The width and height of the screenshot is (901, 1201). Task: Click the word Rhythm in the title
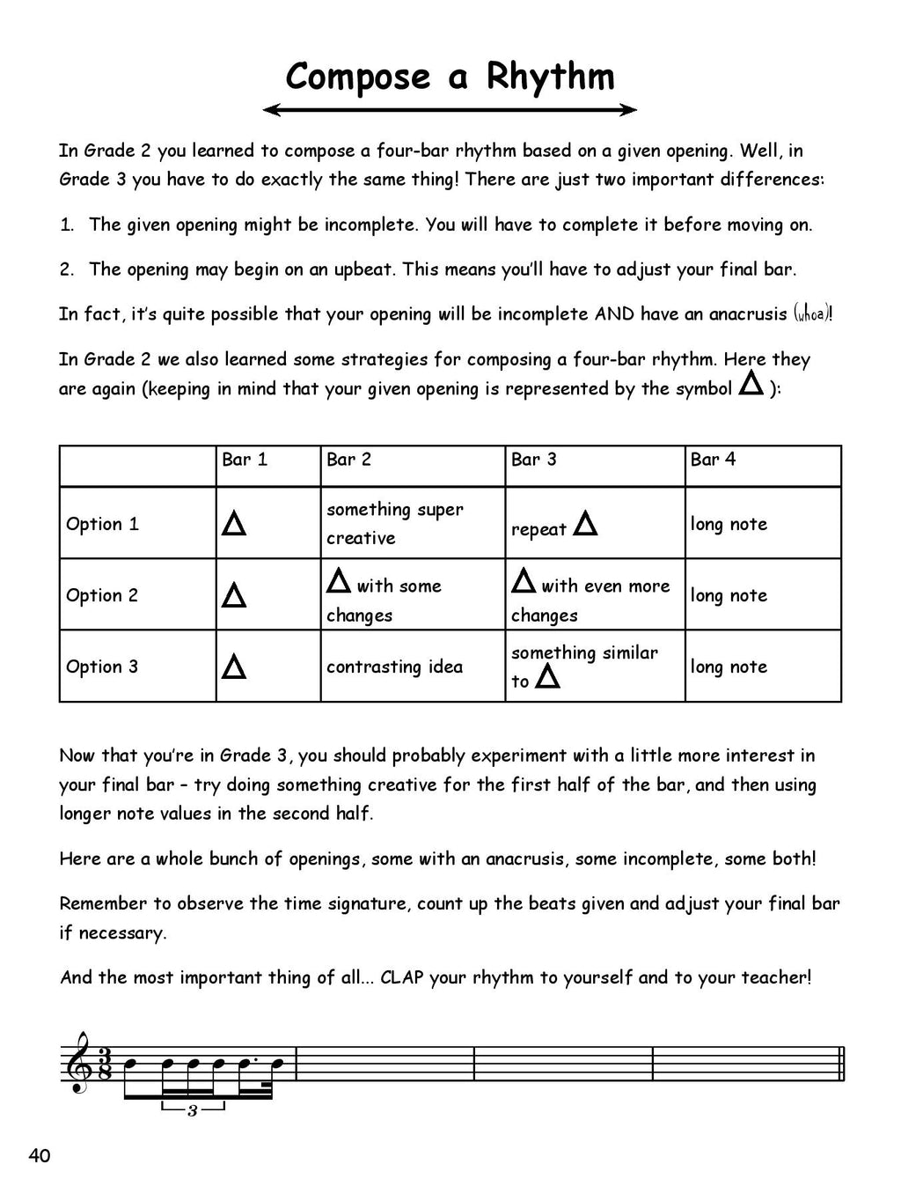pyautogui.click(x=550, y=77)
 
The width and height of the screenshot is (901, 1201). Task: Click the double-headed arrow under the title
pyautogui.click(x=450, y=110)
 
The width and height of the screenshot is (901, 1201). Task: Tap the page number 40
pyautogui.click(x=40, y=1156)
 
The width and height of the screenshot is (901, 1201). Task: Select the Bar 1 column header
pyautogui.click(x=245, y=460)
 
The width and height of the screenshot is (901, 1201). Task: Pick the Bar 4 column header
pyautogui.click(x=713, y=460)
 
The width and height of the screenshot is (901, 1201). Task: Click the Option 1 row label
pyautogui.click(x=102, y=524)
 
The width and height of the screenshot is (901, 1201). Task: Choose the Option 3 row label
pyautogui.click(x=102, y=667)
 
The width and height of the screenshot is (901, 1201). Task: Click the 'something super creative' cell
pyautogui.click(x=394, y=524)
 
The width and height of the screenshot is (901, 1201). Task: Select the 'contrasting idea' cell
pyautogui.click(x=394, y=667)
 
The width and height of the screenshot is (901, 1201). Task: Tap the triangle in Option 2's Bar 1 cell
pyautogui.click(x=234, y=596)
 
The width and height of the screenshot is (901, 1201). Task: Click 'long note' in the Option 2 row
pyautogui.click(x=729, y=595)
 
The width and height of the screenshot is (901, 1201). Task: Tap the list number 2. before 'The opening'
pyautogui.click(x=67, y=269)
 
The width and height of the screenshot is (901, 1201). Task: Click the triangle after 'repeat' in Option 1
pyautogui.click(x=585, y=525)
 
